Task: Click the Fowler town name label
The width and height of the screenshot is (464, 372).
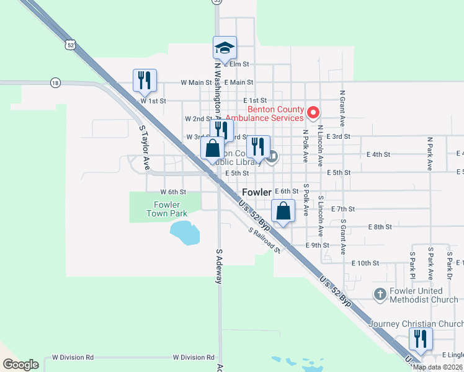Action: click(257, 192)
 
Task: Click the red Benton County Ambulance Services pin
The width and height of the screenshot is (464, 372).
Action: click(313, 113)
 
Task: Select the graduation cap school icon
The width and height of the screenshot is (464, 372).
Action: click(225, 47)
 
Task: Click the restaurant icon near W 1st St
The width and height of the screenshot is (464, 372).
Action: click(145, 79)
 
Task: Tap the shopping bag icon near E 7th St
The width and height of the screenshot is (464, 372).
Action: click(283, 210)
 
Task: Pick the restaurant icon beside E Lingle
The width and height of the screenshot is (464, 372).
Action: click(421, 339)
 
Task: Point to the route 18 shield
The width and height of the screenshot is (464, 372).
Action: click(56, 82)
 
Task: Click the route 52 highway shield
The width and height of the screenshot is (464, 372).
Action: click(71, 45)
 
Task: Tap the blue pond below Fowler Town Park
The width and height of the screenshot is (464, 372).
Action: click(184, 232)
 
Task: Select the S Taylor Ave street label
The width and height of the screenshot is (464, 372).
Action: click(145, 148)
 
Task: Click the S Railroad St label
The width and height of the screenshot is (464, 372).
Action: click(265, 241)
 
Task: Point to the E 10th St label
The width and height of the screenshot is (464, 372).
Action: click(365, 263)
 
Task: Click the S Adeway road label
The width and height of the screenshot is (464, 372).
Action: click(219, 267)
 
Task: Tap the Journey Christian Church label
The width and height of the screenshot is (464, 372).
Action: click(415, 324)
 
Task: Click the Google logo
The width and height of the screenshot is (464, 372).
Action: click(20, 365)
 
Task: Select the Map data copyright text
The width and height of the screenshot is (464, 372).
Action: click(438, 367)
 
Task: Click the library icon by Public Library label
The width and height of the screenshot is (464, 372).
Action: click(272, 157)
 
